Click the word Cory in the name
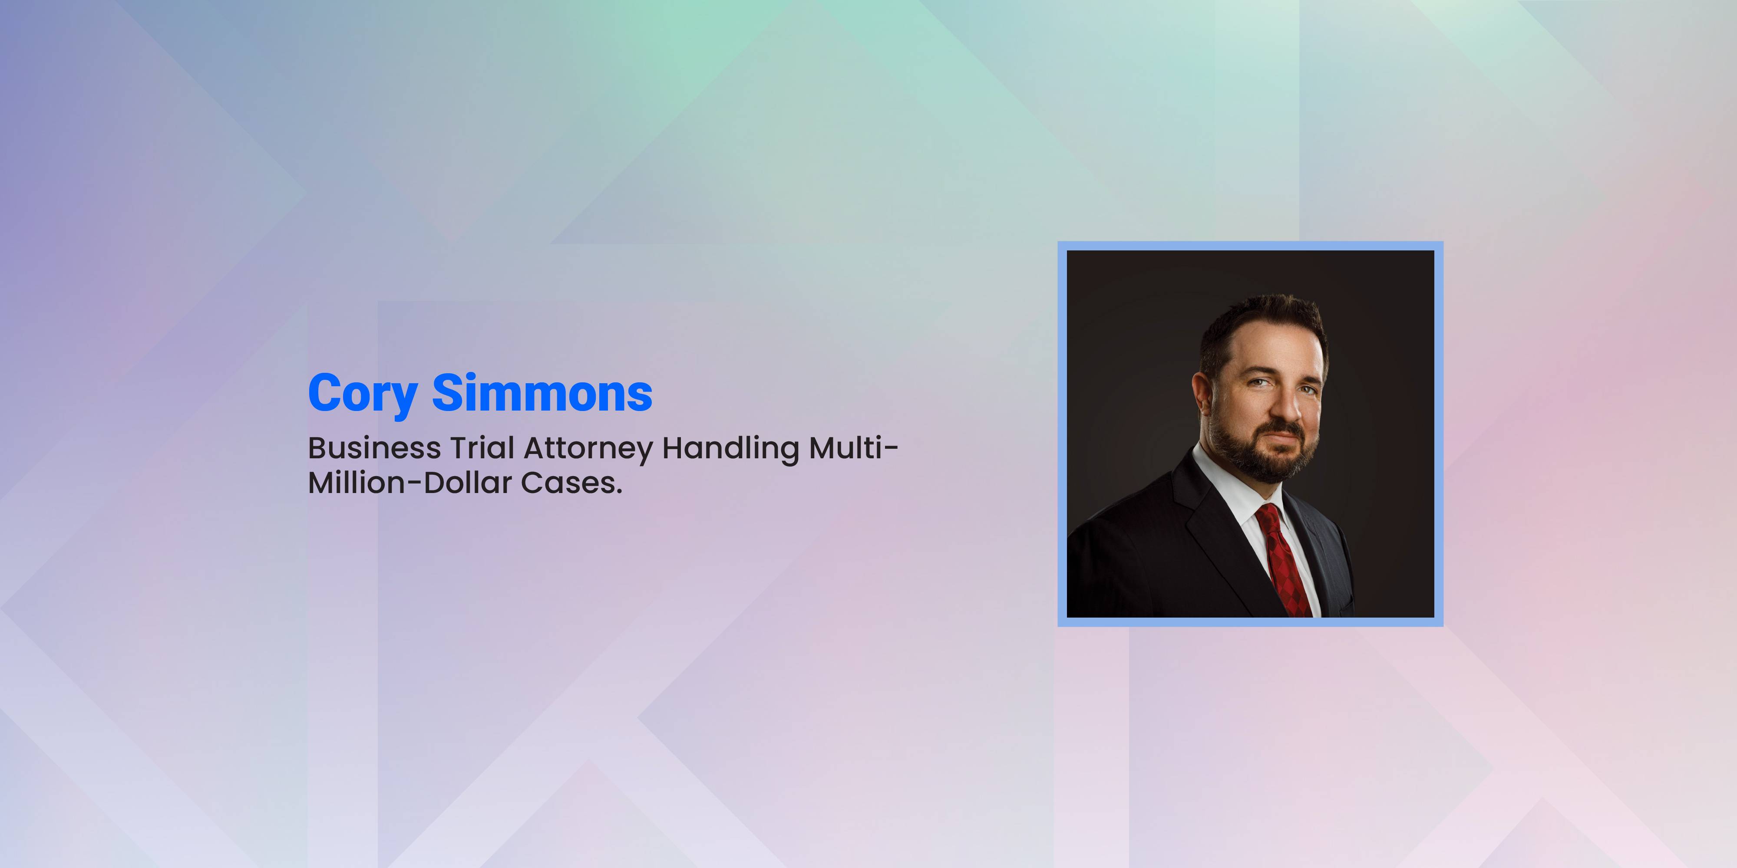363,394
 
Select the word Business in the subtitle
374,448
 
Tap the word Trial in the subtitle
482,448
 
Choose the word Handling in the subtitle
731,450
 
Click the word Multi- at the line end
854,448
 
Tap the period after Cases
618,493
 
